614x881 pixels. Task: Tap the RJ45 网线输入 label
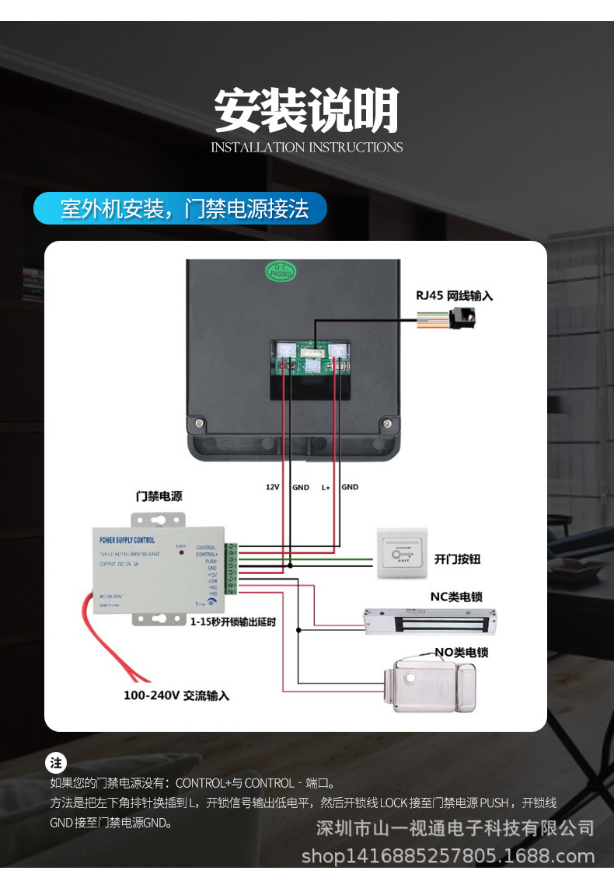pos(454,295)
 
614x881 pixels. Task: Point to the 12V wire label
pos(272,487)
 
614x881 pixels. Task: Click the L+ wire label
pos(326,487)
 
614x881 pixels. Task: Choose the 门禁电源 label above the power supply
pos(159,496)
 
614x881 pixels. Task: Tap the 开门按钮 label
pos(458,559)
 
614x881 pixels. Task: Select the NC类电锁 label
pos(456,597)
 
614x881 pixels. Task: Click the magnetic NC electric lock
pos(430,619)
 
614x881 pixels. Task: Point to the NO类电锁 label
pos(462,653)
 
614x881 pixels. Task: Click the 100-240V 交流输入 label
pos(176,695)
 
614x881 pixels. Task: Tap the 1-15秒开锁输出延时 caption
pos(233,622)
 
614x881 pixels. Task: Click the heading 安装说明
pos(306,111)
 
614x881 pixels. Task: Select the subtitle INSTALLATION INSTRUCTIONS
pos(306,147)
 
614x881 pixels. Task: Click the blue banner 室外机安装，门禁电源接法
pos(180,208)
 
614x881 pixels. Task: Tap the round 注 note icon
pos(56,762)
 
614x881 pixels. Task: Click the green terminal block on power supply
pos(232,570)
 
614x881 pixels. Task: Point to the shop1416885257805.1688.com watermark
pos(448,856)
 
